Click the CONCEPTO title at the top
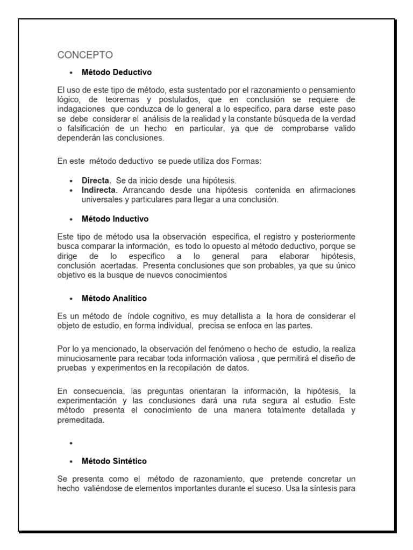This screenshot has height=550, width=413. (85, 55)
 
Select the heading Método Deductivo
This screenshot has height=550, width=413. (117, 71)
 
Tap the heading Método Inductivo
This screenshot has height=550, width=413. (115, 219)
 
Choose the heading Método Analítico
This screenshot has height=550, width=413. (114, 298)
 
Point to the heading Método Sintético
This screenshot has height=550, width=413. (114, 461)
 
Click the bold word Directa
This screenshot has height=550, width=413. (95, 180)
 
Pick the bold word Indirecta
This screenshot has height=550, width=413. (98, 190)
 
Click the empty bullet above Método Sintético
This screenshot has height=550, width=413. (71, 444)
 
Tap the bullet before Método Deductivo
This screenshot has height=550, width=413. (71, 72)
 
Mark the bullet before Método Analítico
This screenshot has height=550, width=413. (71, 299)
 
